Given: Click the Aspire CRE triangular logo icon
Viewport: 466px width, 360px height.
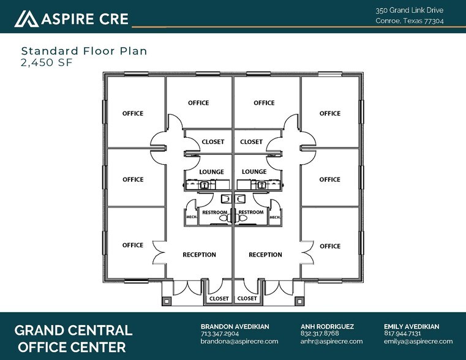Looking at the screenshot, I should (26, 18).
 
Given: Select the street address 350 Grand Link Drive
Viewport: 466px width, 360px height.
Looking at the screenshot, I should (410, 10).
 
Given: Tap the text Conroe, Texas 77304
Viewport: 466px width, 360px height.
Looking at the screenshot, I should (410, 21).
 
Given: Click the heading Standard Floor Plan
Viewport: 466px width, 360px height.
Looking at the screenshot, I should (84, 51).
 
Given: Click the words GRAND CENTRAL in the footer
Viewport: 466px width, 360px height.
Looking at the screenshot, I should (73, 331).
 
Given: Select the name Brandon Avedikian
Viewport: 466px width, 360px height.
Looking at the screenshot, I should (235, 327).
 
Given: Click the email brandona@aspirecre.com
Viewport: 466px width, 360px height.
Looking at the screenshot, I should (239, 341).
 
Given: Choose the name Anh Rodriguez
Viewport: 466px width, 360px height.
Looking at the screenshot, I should (328, 327).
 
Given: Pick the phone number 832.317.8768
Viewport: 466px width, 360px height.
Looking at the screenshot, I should (320, 334).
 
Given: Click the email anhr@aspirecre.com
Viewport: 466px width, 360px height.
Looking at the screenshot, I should (331, 341).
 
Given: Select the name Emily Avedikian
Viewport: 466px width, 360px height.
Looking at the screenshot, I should (412, 327).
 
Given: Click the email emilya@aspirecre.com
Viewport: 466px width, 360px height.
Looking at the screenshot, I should (418, 341).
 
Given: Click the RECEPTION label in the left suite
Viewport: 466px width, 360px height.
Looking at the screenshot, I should (199, 255).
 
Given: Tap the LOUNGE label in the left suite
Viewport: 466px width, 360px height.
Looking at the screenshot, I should (211, 172).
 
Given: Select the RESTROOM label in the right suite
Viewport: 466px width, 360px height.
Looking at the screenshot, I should (251, 212).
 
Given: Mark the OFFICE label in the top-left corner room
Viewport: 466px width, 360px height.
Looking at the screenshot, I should (133, 113).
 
